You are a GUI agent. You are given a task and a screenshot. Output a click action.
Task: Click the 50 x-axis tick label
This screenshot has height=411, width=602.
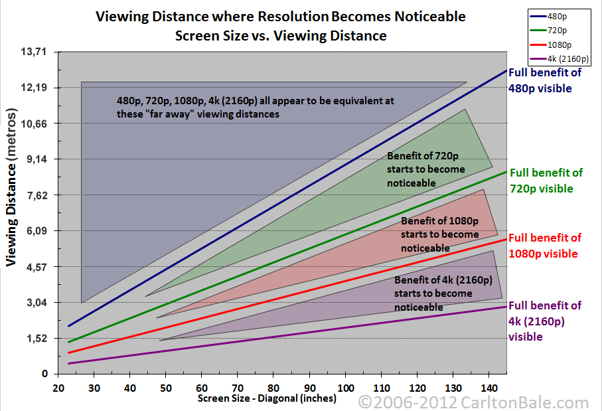coord(166,387)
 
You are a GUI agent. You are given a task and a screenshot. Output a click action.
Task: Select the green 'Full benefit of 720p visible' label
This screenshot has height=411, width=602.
coord(545,181)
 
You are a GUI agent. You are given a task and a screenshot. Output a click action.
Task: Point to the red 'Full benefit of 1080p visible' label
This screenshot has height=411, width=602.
coord(544,246)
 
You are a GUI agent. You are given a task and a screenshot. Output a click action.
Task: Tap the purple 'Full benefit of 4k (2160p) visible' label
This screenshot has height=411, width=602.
coord(544,321)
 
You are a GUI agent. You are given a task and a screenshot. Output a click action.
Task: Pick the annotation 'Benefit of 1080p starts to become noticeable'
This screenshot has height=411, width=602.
coord(439,234)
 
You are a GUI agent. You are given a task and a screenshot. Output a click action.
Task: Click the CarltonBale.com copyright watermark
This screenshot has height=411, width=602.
coord(473,402)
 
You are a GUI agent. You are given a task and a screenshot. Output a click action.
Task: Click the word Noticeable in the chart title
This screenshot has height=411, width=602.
coord(425,16)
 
